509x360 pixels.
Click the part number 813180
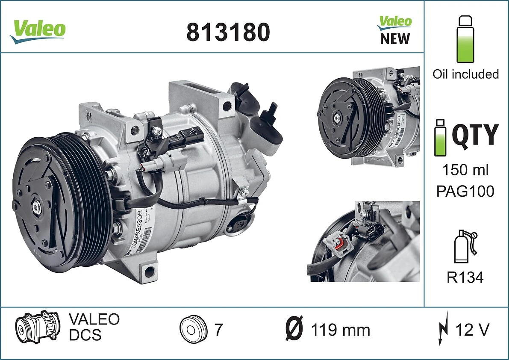[x=228, y=32]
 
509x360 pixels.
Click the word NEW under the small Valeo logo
[x=394, y=38]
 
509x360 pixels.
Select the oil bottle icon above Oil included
[x=465, y=39]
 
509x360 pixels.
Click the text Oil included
[x=465, y=74]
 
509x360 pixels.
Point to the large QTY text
[x=475, y=135]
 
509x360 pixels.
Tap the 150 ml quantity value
[x=465, y=170]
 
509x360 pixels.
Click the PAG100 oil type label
[x=465, y=191]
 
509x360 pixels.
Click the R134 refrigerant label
[x=465, y=278]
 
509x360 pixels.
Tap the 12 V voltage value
[x=472, y=330]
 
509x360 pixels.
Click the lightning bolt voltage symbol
[x=443, y=329]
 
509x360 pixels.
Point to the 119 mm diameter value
[x=340, y=330]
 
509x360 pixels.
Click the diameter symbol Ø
[x=294, y=330]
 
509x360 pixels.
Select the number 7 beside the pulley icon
[x=218, y=330]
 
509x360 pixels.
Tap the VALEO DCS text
[x=94, y=327]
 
